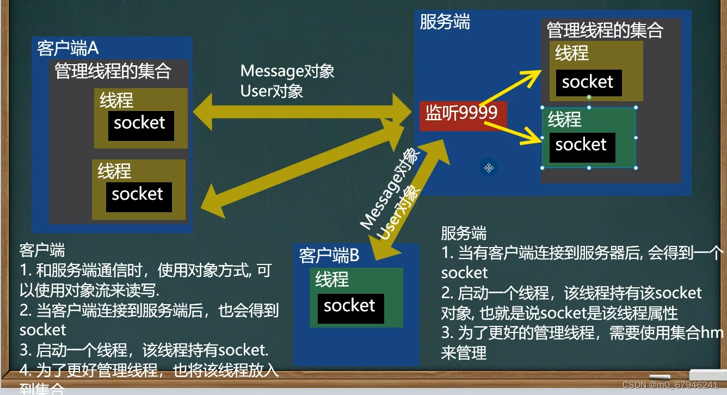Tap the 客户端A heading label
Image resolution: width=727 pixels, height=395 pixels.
tap(68, 48)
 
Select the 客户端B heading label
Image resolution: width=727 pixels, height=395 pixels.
tap(329, 255)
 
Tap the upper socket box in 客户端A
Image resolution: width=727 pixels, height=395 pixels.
tap(140, 125)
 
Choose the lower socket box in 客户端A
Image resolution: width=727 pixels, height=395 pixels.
tap(138, 196)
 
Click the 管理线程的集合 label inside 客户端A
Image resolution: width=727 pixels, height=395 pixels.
tap(113, 71)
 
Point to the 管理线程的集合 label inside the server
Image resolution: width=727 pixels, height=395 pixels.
tap(605, 30)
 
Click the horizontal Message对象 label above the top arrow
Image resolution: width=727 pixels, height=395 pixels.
tap(287, 71)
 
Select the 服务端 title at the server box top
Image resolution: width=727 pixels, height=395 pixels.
tap(445, 23)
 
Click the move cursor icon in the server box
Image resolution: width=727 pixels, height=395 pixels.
tap(489, 168)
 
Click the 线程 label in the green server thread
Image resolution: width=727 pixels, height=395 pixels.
tap(565, 120)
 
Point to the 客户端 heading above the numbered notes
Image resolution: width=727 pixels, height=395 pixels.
tap(42, 251)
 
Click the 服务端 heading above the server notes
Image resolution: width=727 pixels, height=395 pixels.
tap(464, 234)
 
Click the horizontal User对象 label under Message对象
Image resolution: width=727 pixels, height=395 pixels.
tap(272, 91)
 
